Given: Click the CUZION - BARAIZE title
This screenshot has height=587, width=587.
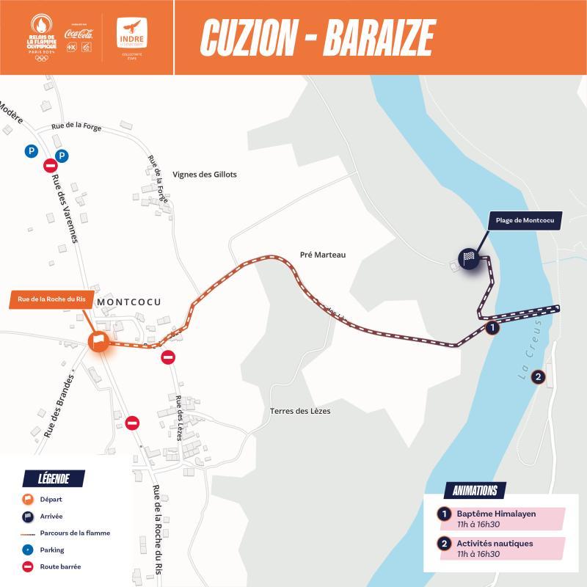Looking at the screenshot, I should click(x=318, y=37).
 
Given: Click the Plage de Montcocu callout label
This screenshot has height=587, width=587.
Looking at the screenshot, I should click(x=525, y=220).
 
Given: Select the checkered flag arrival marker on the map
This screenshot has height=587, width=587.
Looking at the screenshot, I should click(x=469, y=258).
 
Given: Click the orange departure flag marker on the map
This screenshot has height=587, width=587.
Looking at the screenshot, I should click(x=98, y=341).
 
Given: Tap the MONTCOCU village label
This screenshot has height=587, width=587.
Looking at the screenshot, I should click(x=128, y=302).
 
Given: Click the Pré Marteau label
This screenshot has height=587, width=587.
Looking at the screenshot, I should click(x=322, y=255).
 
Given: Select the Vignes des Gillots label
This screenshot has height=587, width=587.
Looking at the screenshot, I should click(x=205, y=175).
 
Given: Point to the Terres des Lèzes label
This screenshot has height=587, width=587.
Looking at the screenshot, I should click(x=300, y=411).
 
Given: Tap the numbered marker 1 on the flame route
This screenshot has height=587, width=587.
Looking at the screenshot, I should click(x=493, y=329).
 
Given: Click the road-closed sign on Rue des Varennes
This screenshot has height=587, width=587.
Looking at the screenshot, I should click(x=50, y=165).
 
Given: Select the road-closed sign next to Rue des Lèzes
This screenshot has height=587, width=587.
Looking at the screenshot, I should click(x=168, y=358).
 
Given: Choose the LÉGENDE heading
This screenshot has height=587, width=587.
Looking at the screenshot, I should click(x=54, y=479).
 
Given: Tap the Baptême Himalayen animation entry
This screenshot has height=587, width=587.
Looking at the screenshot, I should click(x=496, y=514).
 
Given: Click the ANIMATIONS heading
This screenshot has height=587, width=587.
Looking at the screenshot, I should click(x=475, y=490).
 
